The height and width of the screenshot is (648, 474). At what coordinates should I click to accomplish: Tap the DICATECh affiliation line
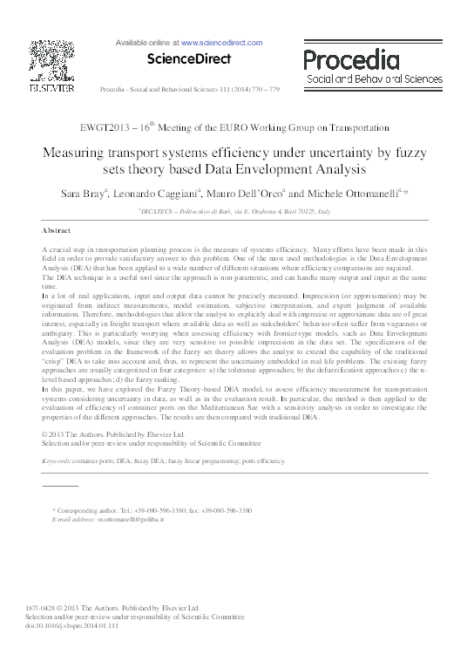pos(237,210)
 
